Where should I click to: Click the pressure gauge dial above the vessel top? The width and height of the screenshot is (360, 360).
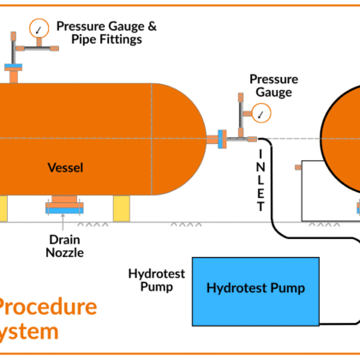(38, 28)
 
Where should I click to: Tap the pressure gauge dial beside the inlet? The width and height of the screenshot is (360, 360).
(259, 112)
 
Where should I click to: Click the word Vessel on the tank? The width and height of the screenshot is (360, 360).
(66, 168)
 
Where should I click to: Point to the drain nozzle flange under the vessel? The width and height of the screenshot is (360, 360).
(65, 207)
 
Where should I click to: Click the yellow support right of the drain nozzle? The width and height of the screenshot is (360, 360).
(121, 207)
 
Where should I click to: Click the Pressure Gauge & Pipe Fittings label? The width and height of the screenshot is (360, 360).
(106, 33)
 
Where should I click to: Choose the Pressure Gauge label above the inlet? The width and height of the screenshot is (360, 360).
(273, 85)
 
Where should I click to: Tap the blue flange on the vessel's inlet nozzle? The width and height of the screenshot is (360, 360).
(222, 136)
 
